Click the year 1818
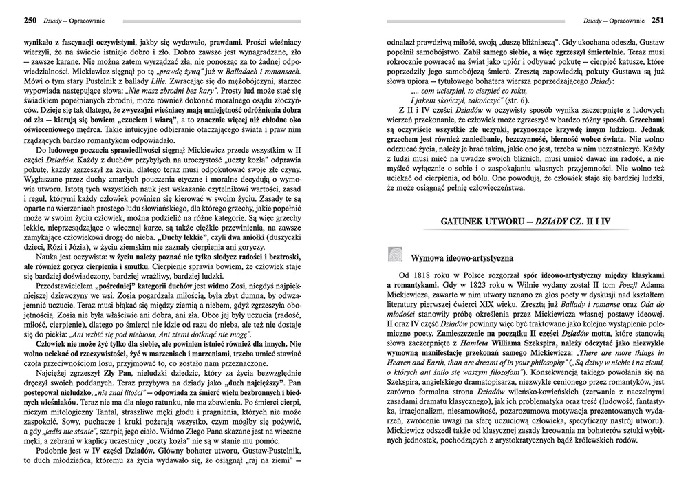coord(421,275)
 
